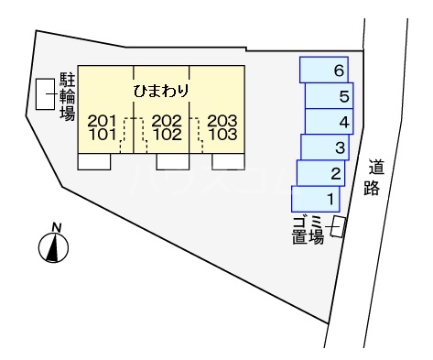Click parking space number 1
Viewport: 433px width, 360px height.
pyautogui.click(x=316, y=198)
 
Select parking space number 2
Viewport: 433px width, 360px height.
pyautogui.click(x=319, y=173)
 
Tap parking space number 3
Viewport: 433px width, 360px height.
pyautogui.click(x=323, y=147)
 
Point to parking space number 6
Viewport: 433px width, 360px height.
pyautogui.click(x=324, y=70)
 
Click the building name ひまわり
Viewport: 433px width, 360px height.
pyautogui.click(x=162, y=91)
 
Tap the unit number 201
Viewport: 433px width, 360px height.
pyautogui.click(x=103, y=120)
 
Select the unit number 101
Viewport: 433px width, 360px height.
pyautogui.click(x=103, y=135)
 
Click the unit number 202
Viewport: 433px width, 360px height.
pyautogui.click(x=167, y=120)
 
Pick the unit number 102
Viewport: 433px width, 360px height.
pyautogui.click(x=167, y=135)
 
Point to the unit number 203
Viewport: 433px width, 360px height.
pyautogui.click(x=222, y=120)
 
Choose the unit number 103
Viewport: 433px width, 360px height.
pyautogui.click(x=222, y=135)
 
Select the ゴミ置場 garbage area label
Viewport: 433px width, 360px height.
pyautogui.click(x=309, y=229)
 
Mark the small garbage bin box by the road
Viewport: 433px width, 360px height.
pyautogui.click(x=338, y=226)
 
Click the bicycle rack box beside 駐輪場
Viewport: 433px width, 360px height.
pyautogui.click(x=44, y=94)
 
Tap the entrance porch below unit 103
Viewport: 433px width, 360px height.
pyautogui.click(x=227, y=161)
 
